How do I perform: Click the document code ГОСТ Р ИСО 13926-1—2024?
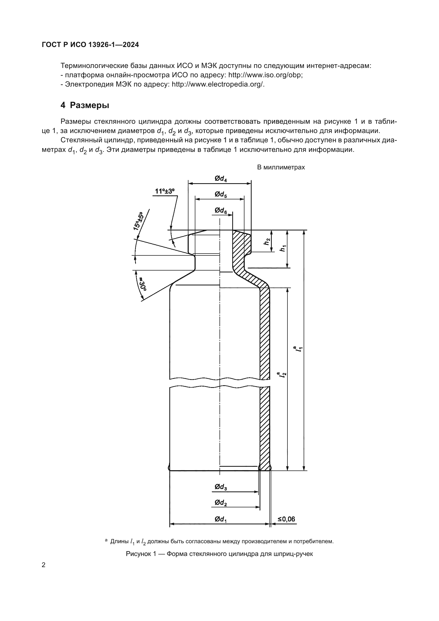click(x=90, y=45)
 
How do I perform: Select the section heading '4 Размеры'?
click(x=85, y=105)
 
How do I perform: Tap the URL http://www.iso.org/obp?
click(x=265, y=75)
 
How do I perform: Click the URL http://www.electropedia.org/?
click(x=218, y=84)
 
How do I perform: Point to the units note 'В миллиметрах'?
click(x=281, y=168)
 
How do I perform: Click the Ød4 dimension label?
click(x=221, y=179)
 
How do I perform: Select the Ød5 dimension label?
click(x=221, y=194)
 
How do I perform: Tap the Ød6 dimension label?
click(x=221, y=211)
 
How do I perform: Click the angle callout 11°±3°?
click(x=165, y=191)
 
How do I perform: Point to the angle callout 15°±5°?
click(x=138, y=221)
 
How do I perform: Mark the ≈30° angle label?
click(x=142, y=284)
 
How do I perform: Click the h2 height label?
click(x=267, y=242)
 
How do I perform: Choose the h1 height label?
click(x=283, y=248)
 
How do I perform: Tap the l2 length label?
click(x=283, y=375)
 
